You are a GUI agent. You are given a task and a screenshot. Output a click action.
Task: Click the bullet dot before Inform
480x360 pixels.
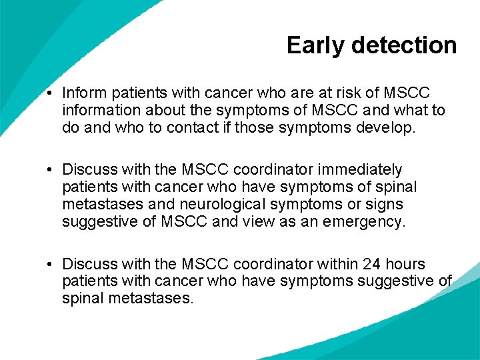tap(51, 93)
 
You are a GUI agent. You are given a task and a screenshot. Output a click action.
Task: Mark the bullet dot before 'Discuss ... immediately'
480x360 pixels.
tap(51, 171)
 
